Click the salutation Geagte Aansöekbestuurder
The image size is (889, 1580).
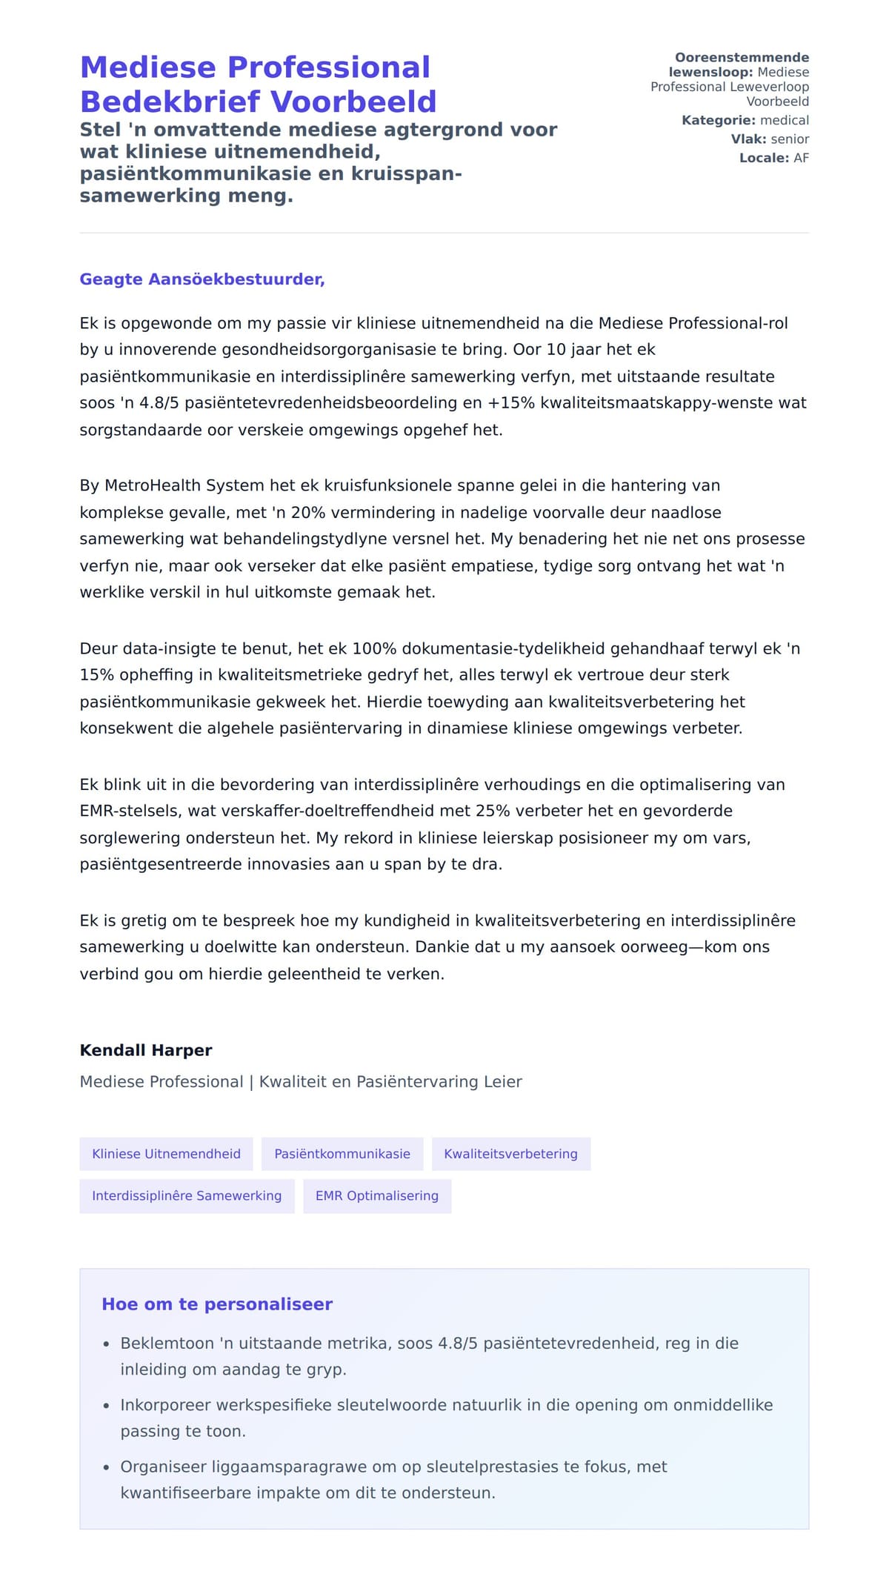202,279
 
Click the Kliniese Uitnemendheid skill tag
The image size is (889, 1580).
166,1154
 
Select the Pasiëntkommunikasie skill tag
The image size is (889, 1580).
342,1154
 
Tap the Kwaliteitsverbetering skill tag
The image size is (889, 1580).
510,1154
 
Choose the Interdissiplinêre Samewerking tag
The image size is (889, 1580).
187,1195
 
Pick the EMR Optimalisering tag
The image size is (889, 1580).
376,1195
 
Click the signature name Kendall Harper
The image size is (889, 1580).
146,1050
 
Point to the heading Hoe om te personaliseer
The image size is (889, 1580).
217,1304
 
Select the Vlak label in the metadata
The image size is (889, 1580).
748,139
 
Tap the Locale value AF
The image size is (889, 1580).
801,158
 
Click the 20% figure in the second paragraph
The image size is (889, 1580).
306,512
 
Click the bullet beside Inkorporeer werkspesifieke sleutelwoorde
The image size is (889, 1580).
107,1406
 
